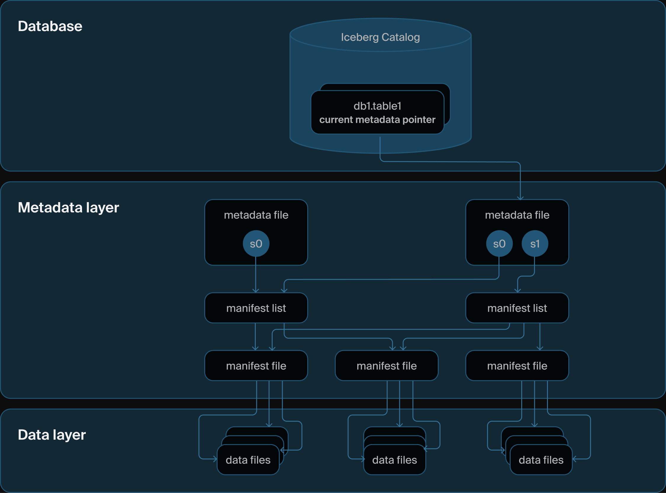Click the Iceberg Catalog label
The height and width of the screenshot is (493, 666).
(380, 37)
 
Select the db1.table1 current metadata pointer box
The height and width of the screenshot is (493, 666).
(377, 112)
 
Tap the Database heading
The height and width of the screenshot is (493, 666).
(50, 26)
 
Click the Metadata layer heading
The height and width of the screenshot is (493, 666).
(68, 207)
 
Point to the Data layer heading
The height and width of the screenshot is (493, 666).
(52, 435)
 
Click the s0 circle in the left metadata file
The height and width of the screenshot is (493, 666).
(256, 244)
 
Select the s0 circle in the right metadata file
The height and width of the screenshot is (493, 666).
(499, 244)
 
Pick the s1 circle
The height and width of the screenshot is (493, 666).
(535, 244)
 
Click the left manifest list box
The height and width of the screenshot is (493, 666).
(256, 308)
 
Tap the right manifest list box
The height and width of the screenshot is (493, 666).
(517, 308)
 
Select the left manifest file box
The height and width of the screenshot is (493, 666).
(256, 365)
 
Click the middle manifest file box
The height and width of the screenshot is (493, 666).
(387, 365)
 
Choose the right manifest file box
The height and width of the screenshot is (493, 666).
(517, 365)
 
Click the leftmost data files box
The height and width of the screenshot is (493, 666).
(248, 460)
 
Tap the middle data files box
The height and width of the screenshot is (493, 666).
(394, 460)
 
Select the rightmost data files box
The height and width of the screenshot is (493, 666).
(541, 460)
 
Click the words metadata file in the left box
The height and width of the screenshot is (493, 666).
(256, 215)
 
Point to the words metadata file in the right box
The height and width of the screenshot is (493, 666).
(517, 215)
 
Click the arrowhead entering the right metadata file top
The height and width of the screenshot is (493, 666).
(520, 198)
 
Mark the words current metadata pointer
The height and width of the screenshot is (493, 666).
(377, 120)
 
